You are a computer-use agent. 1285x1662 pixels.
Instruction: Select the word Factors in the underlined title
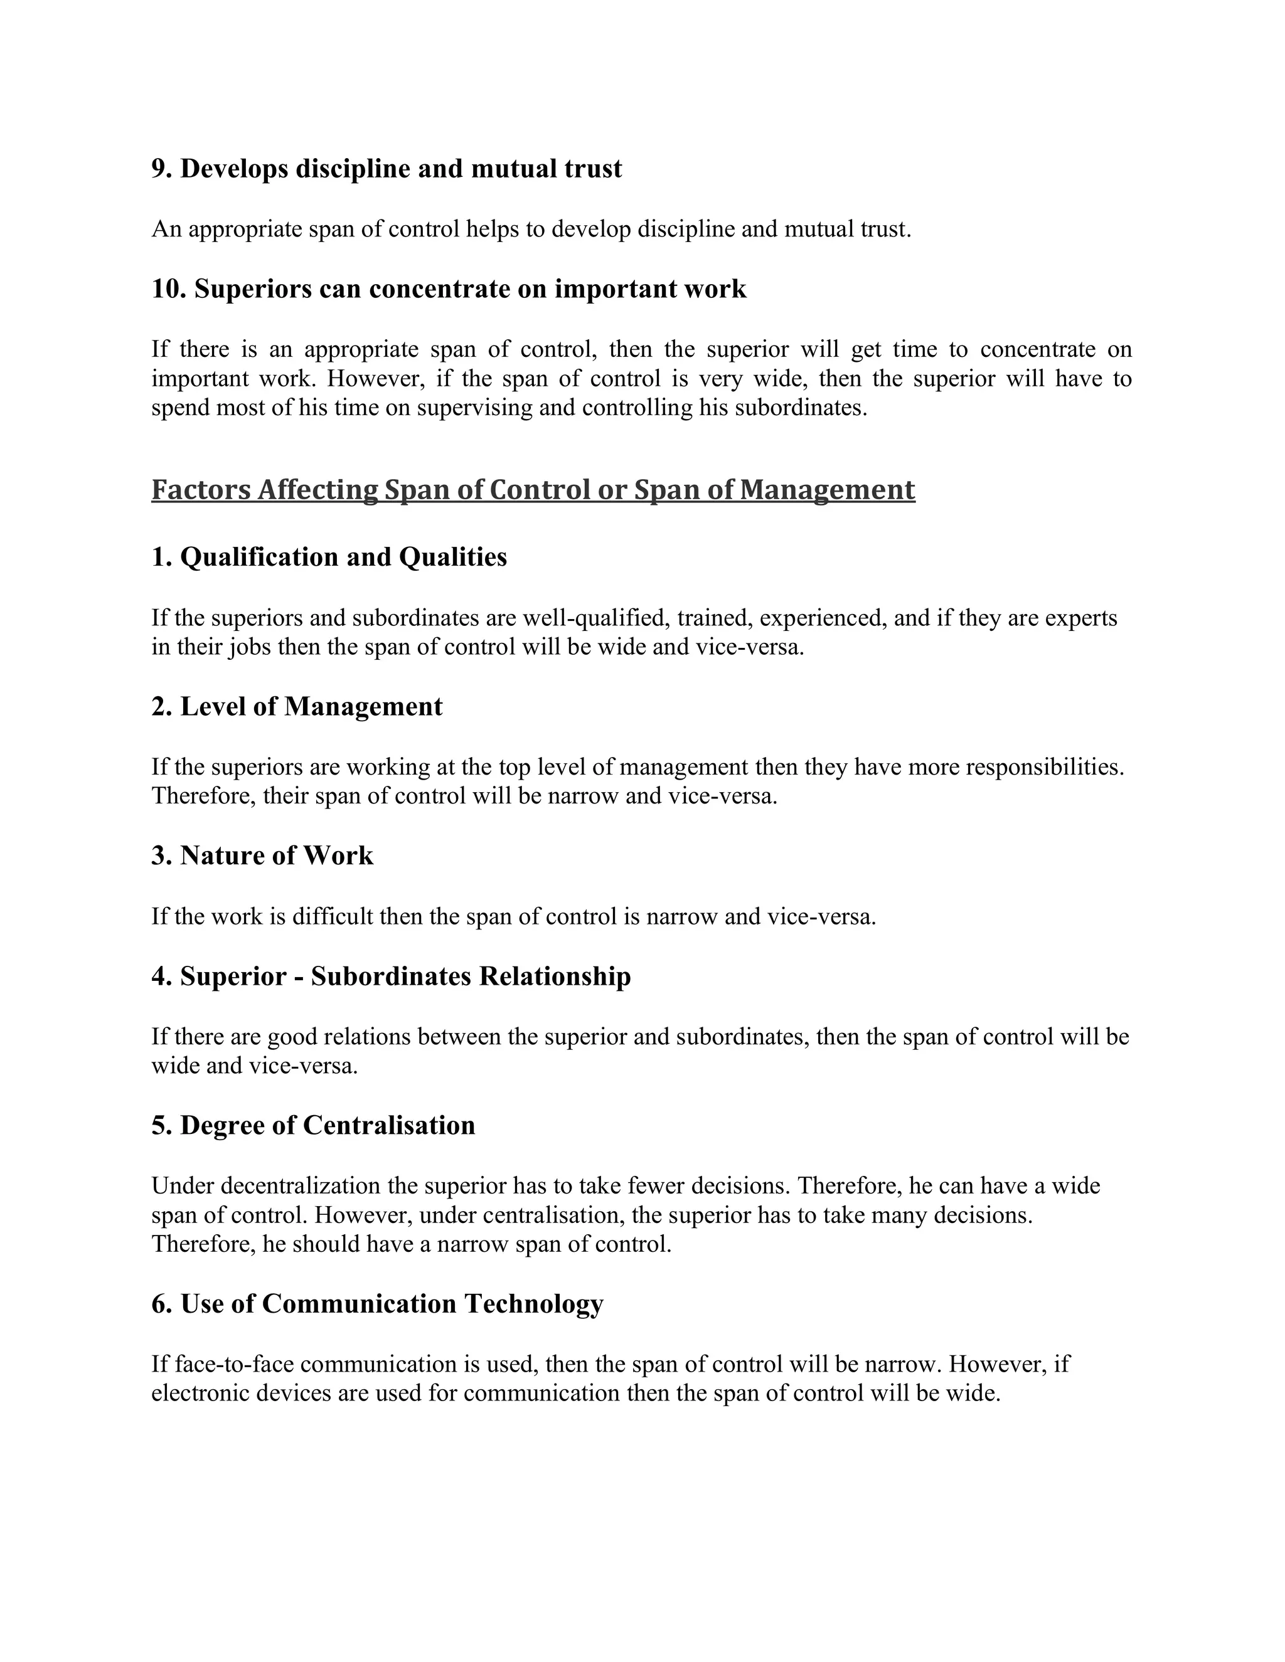pos(201,489)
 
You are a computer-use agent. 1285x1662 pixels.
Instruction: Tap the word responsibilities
pos(1045,766)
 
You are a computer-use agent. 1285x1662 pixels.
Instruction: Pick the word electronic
pos(201,1394)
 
